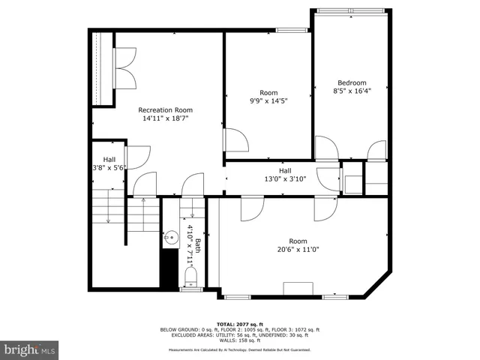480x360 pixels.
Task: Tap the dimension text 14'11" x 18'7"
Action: coord(165,118)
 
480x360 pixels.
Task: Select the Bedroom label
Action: coord(351,82)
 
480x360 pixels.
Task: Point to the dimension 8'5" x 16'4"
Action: coord(351,91)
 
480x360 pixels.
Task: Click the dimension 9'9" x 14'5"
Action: coord(268,101)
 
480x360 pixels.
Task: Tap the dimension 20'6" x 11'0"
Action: coord(298,250)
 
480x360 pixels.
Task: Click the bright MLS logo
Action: coord(30,349)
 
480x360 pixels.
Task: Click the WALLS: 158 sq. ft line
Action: coord(240,340)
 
